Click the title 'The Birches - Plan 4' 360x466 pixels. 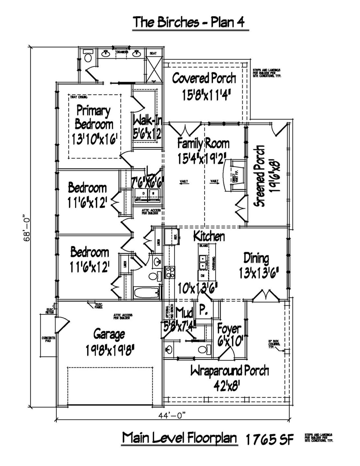pos(189,22)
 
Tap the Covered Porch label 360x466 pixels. pos(204,78)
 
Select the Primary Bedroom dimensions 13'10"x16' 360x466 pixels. pos(94,139)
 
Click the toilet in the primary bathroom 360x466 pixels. pos(88,56)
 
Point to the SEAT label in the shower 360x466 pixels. pos(153,53)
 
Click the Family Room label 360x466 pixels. pos(203,144)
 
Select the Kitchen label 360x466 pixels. pos(209,236)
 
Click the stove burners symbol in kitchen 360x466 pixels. pos(170,272)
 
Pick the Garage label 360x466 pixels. pos(109,334)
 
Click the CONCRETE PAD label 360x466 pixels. pos(48,339)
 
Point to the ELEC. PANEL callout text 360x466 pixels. pos(99,306)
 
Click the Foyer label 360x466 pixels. pos(229,329)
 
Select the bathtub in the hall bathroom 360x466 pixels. pos(146,293)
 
